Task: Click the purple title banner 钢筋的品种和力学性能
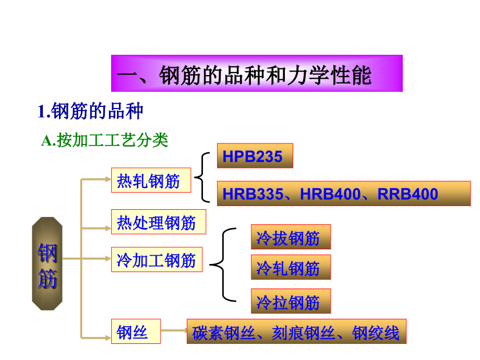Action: point(257,74)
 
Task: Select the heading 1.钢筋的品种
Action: point(90,112)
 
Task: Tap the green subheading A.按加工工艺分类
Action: point(105,140)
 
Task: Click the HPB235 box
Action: point(255,156)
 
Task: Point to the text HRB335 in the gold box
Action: point(251,194)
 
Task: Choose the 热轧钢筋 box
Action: point(151,181)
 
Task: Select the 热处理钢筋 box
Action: point(159,222)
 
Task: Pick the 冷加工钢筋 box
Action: point(157,259)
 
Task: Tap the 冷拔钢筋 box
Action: point(291,237)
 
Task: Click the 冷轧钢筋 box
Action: point(291,268)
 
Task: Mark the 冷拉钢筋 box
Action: point(291,302)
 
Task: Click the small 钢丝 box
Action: point(136,332)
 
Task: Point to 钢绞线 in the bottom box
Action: point(376,332)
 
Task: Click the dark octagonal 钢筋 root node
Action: point(47,264)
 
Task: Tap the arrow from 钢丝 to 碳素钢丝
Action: point(174,330)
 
